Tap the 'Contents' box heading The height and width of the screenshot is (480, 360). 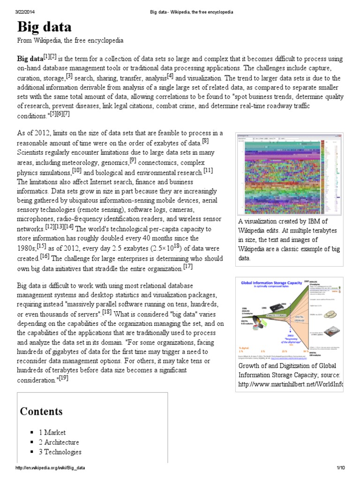tap(41, 412)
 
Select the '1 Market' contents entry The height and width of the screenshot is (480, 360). tap(52, 432)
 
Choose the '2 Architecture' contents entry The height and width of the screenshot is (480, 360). tap(59, 442)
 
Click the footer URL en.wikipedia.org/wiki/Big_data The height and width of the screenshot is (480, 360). tap(50, 468)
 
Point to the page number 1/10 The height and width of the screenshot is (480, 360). tap(340, 468)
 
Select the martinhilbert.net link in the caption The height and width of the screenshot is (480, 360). tap(291, 384)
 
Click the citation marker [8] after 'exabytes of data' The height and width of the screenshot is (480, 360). tap(205, 140)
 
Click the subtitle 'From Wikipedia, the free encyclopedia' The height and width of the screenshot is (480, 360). tap(70, 41)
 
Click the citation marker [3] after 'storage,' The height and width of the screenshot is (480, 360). tap(69, 75)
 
